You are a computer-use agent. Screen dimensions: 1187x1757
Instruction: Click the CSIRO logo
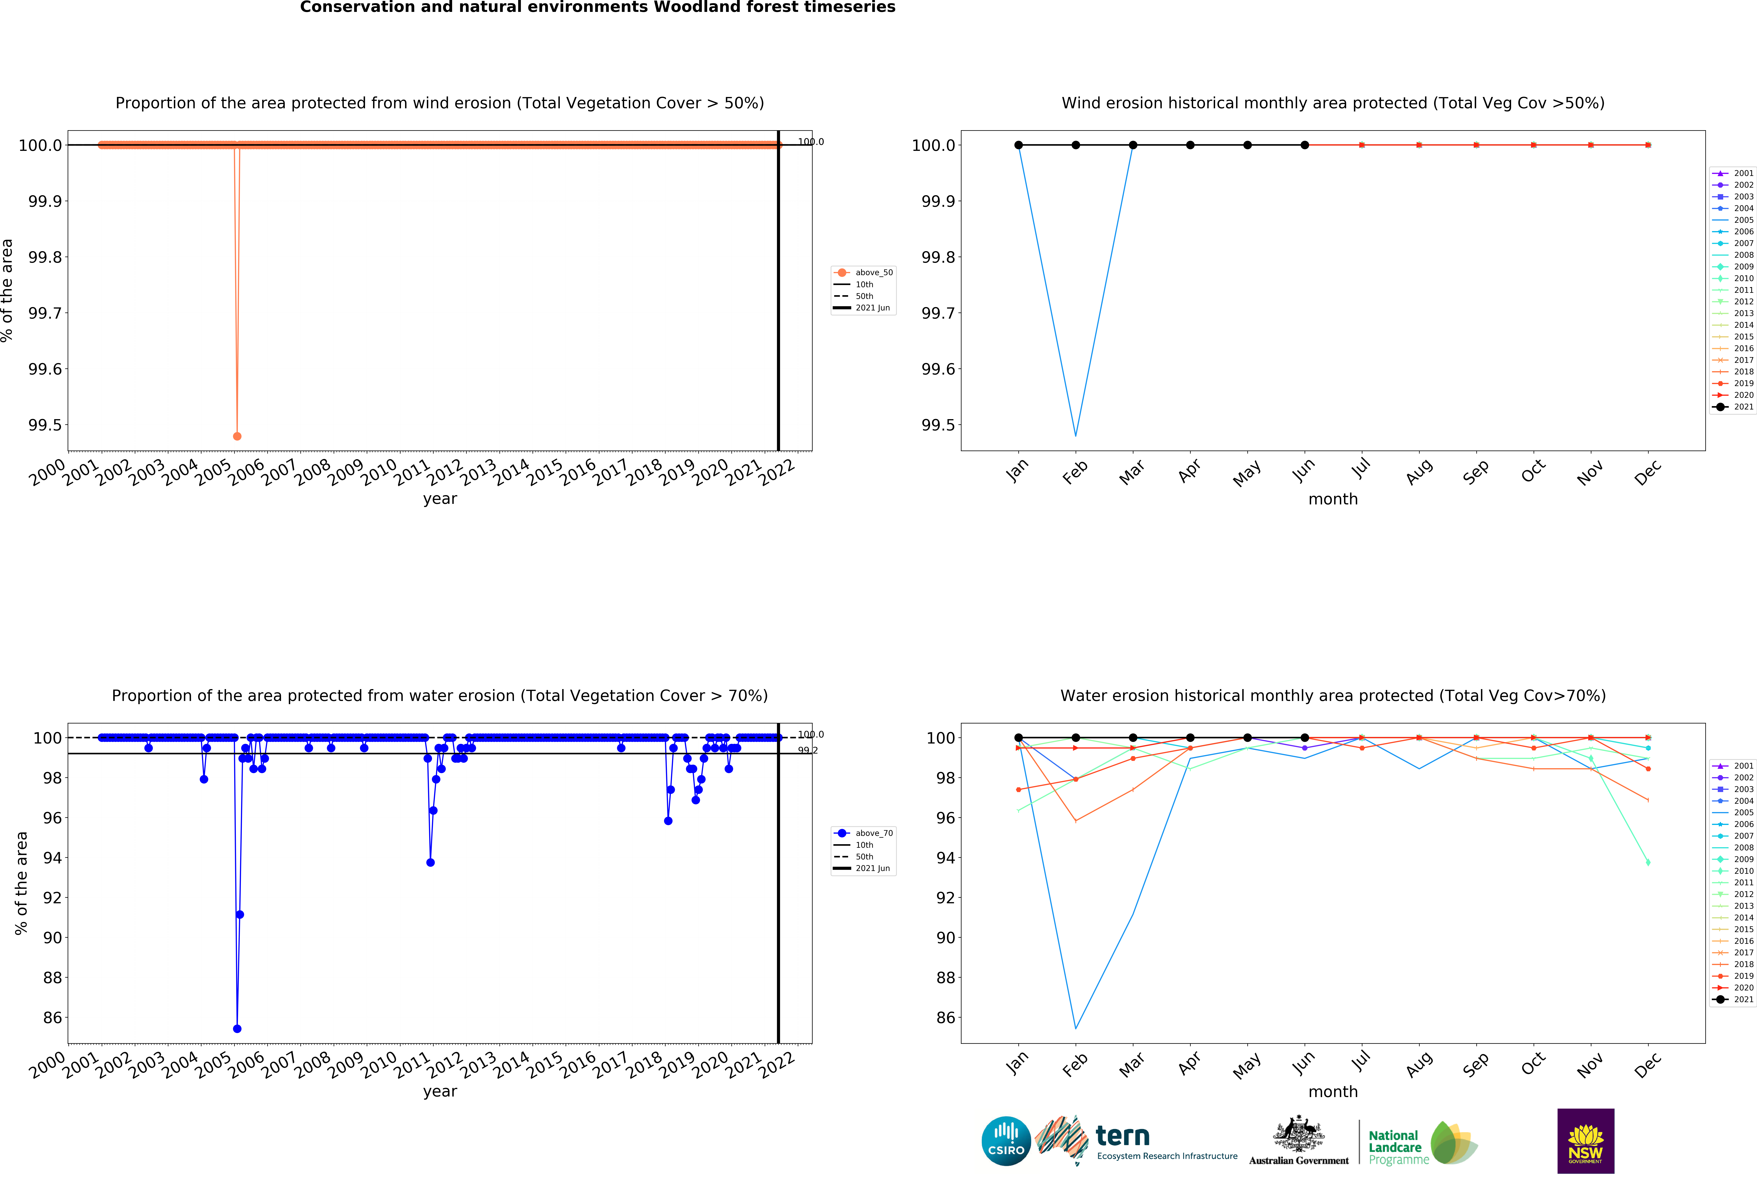point(1006,1141)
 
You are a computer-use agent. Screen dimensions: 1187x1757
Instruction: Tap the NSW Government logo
point(1585,1141)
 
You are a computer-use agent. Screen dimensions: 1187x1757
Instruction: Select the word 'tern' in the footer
point(1123,1136)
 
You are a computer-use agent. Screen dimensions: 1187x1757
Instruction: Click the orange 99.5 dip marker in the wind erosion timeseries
point(237,436)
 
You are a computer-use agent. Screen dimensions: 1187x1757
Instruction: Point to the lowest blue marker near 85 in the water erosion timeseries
point(237,1028)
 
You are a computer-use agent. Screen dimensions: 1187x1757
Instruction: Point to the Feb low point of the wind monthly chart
point(1076,435)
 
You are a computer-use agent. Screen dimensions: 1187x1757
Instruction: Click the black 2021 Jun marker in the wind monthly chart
point(1305,145)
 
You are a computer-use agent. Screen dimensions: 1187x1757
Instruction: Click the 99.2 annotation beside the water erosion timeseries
point(807,750)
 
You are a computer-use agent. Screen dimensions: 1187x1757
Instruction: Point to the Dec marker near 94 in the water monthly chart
point(1648,862)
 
